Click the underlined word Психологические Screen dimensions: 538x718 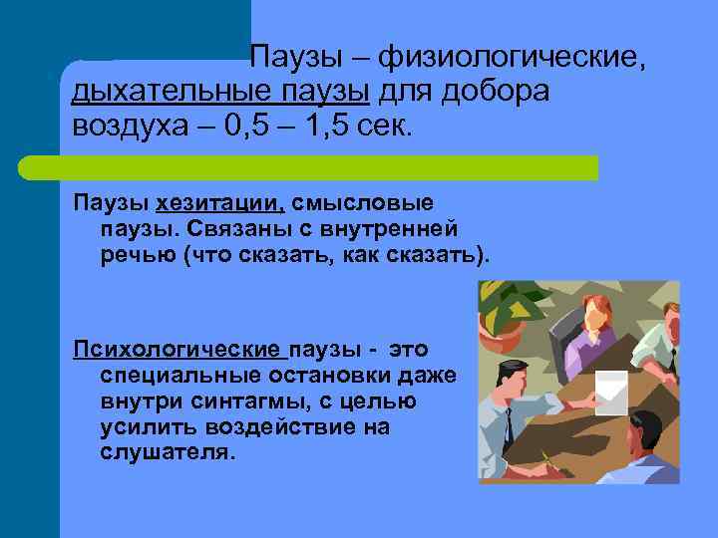pos(177,351)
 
